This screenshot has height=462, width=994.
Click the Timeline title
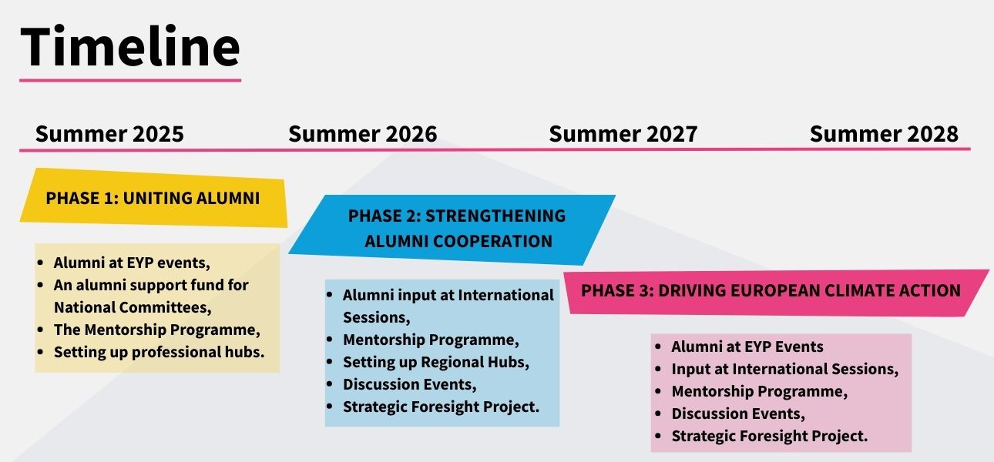pos(130,46)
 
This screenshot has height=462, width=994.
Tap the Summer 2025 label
pos(109,134)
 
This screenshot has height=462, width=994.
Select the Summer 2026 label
pos(363,134)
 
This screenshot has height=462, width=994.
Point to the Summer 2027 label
pos(623,134)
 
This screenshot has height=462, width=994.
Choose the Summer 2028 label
pos(884,134)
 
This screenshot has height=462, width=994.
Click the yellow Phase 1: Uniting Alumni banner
pos(153,198)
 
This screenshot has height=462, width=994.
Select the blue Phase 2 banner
pos(452,229)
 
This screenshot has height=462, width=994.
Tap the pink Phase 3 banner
pos(776,293)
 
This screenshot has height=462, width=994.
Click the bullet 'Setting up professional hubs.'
pos(159,352)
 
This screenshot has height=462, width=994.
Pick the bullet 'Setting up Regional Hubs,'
pos(436,362)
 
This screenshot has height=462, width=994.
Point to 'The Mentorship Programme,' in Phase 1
pos(156,330)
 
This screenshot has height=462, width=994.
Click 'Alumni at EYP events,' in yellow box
pos(131,263)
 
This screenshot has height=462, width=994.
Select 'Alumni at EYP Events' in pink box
pos(747,346)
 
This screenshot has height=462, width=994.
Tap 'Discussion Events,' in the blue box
pos(410,384)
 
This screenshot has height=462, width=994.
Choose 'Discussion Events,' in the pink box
pos(738,413)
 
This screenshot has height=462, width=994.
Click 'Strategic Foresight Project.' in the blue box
pos(441,407)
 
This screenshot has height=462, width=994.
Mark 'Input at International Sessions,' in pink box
pos(784,369)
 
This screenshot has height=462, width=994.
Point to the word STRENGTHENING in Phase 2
pos(495,216)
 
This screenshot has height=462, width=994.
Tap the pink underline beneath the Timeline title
pos(130,80)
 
